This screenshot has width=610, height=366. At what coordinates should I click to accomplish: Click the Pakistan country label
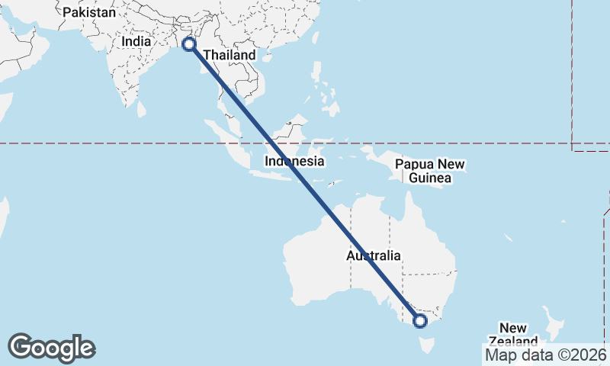pyautogui.click(x=89, y=12)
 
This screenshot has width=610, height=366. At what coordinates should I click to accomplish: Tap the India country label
pyautogui.click(x=136, y=42)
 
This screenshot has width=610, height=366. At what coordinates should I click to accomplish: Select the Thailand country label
pyautogui.click(x=229, y=56)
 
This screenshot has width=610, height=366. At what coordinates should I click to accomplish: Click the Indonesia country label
pyautogui.click(x=294, y=162)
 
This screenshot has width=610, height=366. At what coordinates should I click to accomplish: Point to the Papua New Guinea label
pyautogui.click(x=430, y=172)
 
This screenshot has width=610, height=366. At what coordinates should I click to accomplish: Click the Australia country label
pyautogui.click(x=373, y=256)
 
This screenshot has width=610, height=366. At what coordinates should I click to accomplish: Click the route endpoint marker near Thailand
pyautogui.click(x=189, y=45)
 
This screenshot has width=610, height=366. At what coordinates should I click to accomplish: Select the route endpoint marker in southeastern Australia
pyautogui.click(x=420, y=321)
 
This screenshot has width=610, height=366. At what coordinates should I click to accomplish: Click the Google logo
pyautogui.click(x=51, y=348)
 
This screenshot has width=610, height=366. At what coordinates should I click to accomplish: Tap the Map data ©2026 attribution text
pyautogui.click(x=545, y=355)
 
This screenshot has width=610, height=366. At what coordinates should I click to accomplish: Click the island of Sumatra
pyautogui.click(x=233, y=145)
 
